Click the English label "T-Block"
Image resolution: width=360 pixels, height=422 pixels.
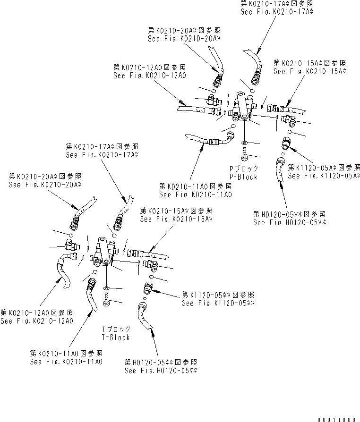pyautogui.click(x=116, y=337)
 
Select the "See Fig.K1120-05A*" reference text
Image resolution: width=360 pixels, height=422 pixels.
pyautogui.click(x=324, y=176)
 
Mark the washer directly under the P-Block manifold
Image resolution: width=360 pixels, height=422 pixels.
pyautogui.click(x=244, y=142)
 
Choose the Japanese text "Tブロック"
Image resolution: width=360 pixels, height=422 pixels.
pyautogui.click(x=116, y=329)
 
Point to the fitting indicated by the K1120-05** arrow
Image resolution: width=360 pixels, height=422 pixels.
pyautogui.click(x=147, y=287)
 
